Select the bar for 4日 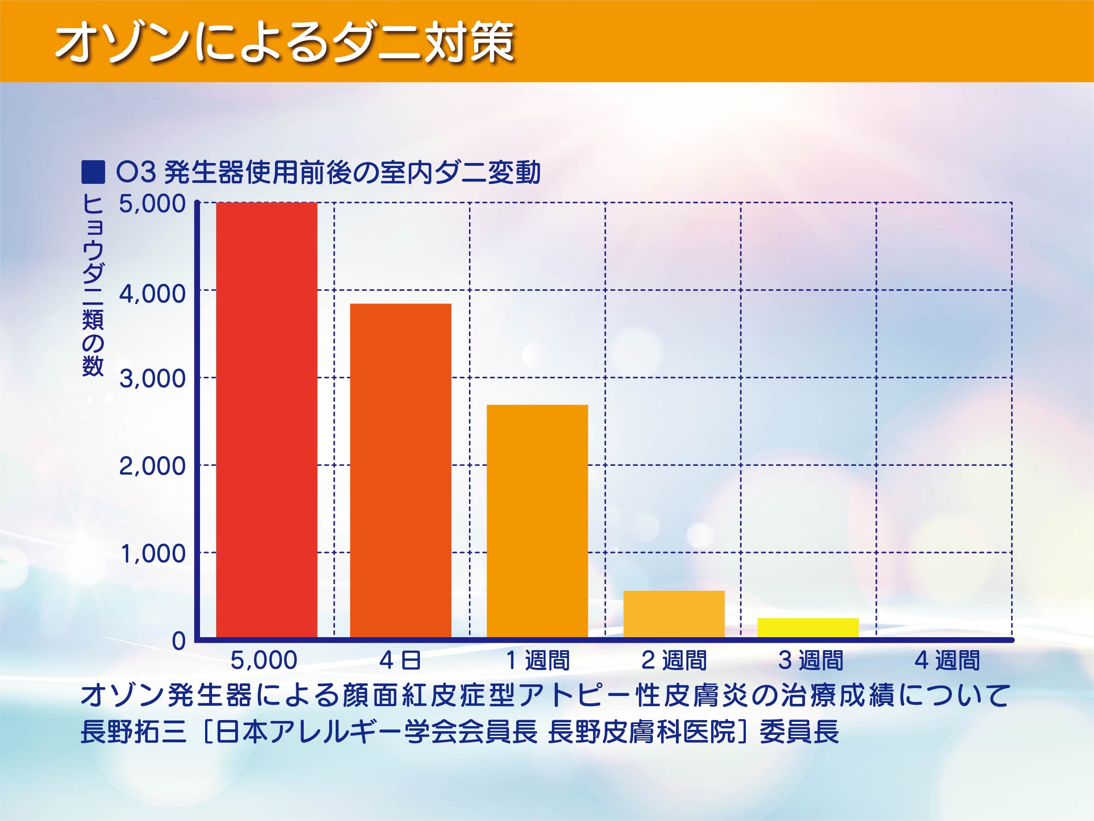click(x=400, y=470)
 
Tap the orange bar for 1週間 click(x=537, y=521)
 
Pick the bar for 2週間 click(x=674, y=614)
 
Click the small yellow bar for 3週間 click(x=808, y=627)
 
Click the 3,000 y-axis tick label click(x=152, y=379)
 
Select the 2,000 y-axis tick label click(x=152, y=466)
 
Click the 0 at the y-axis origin click(x=179, y=641)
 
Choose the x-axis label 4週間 click(x=947, y=660)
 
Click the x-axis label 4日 click(x=400, y=660)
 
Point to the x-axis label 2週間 click(x=674, y=660)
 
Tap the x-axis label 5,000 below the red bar click(x=264, y=661)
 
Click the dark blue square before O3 click(x=93, y=172)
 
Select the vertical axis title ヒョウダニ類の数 click(x=93, y=285)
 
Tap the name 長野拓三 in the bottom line click(x=133, y=732)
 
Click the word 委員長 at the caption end click(x=800, y=732)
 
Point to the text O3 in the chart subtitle click(x=137, y=172)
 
